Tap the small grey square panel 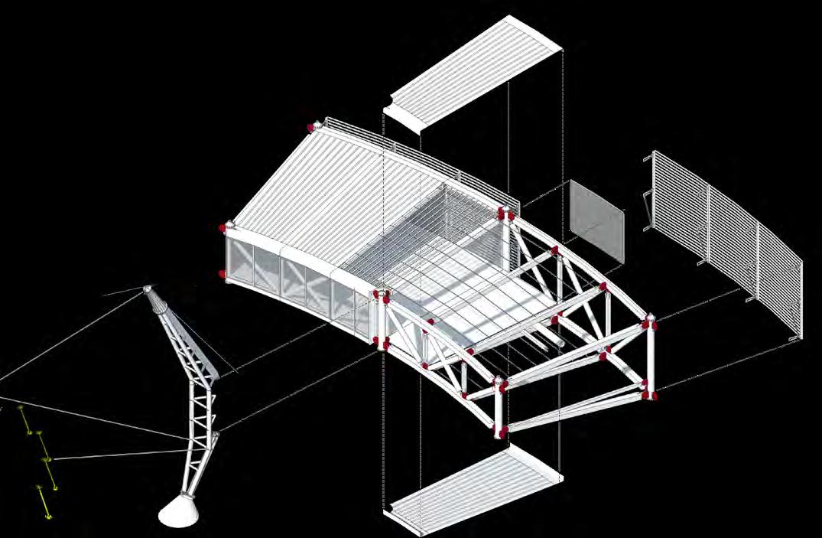tap(597, 221)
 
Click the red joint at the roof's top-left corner tap(311, 126)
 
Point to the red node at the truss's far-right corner tap(651, 321)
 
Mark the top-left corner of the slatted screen tap(653, 153)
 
